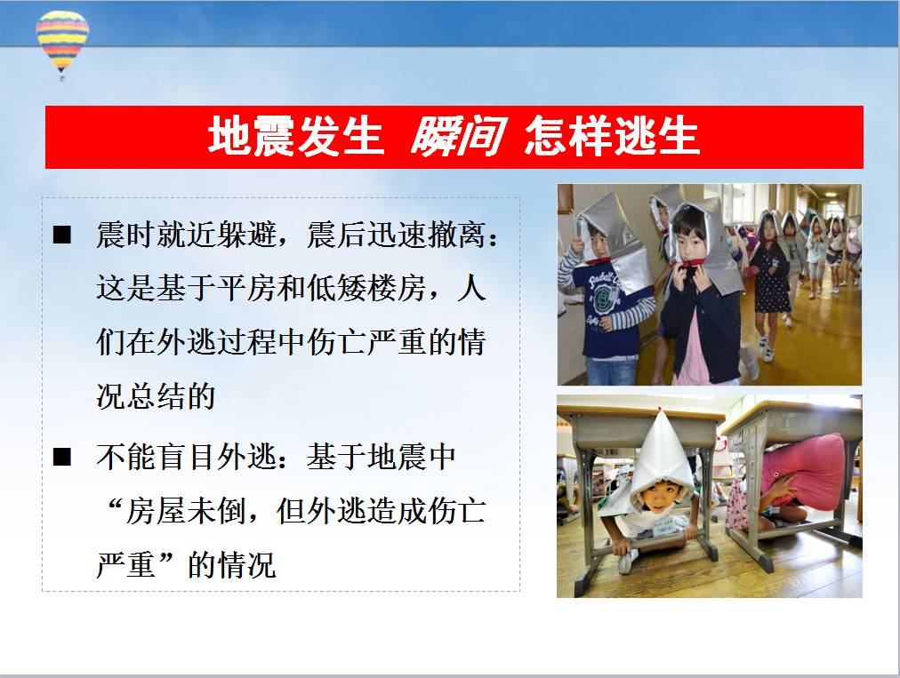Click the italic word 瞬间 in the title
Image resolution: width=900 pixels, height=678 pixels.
coord(458,137)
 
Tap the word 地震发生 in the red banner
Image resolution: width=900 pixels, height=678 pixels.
coord(295,137)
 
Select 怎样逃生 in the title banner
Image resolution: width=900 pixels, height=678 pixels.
coord(612,137)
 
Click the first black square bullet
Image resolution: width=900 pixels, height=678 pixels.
coord(62,235)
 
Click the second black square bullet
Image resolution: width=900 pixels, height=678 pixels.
coord(62,457)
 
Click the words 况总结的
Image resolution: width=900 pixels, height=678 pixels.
coord(157,395)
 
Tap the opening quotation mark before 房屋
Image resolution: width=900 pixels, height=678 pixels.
coord(113,504)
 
